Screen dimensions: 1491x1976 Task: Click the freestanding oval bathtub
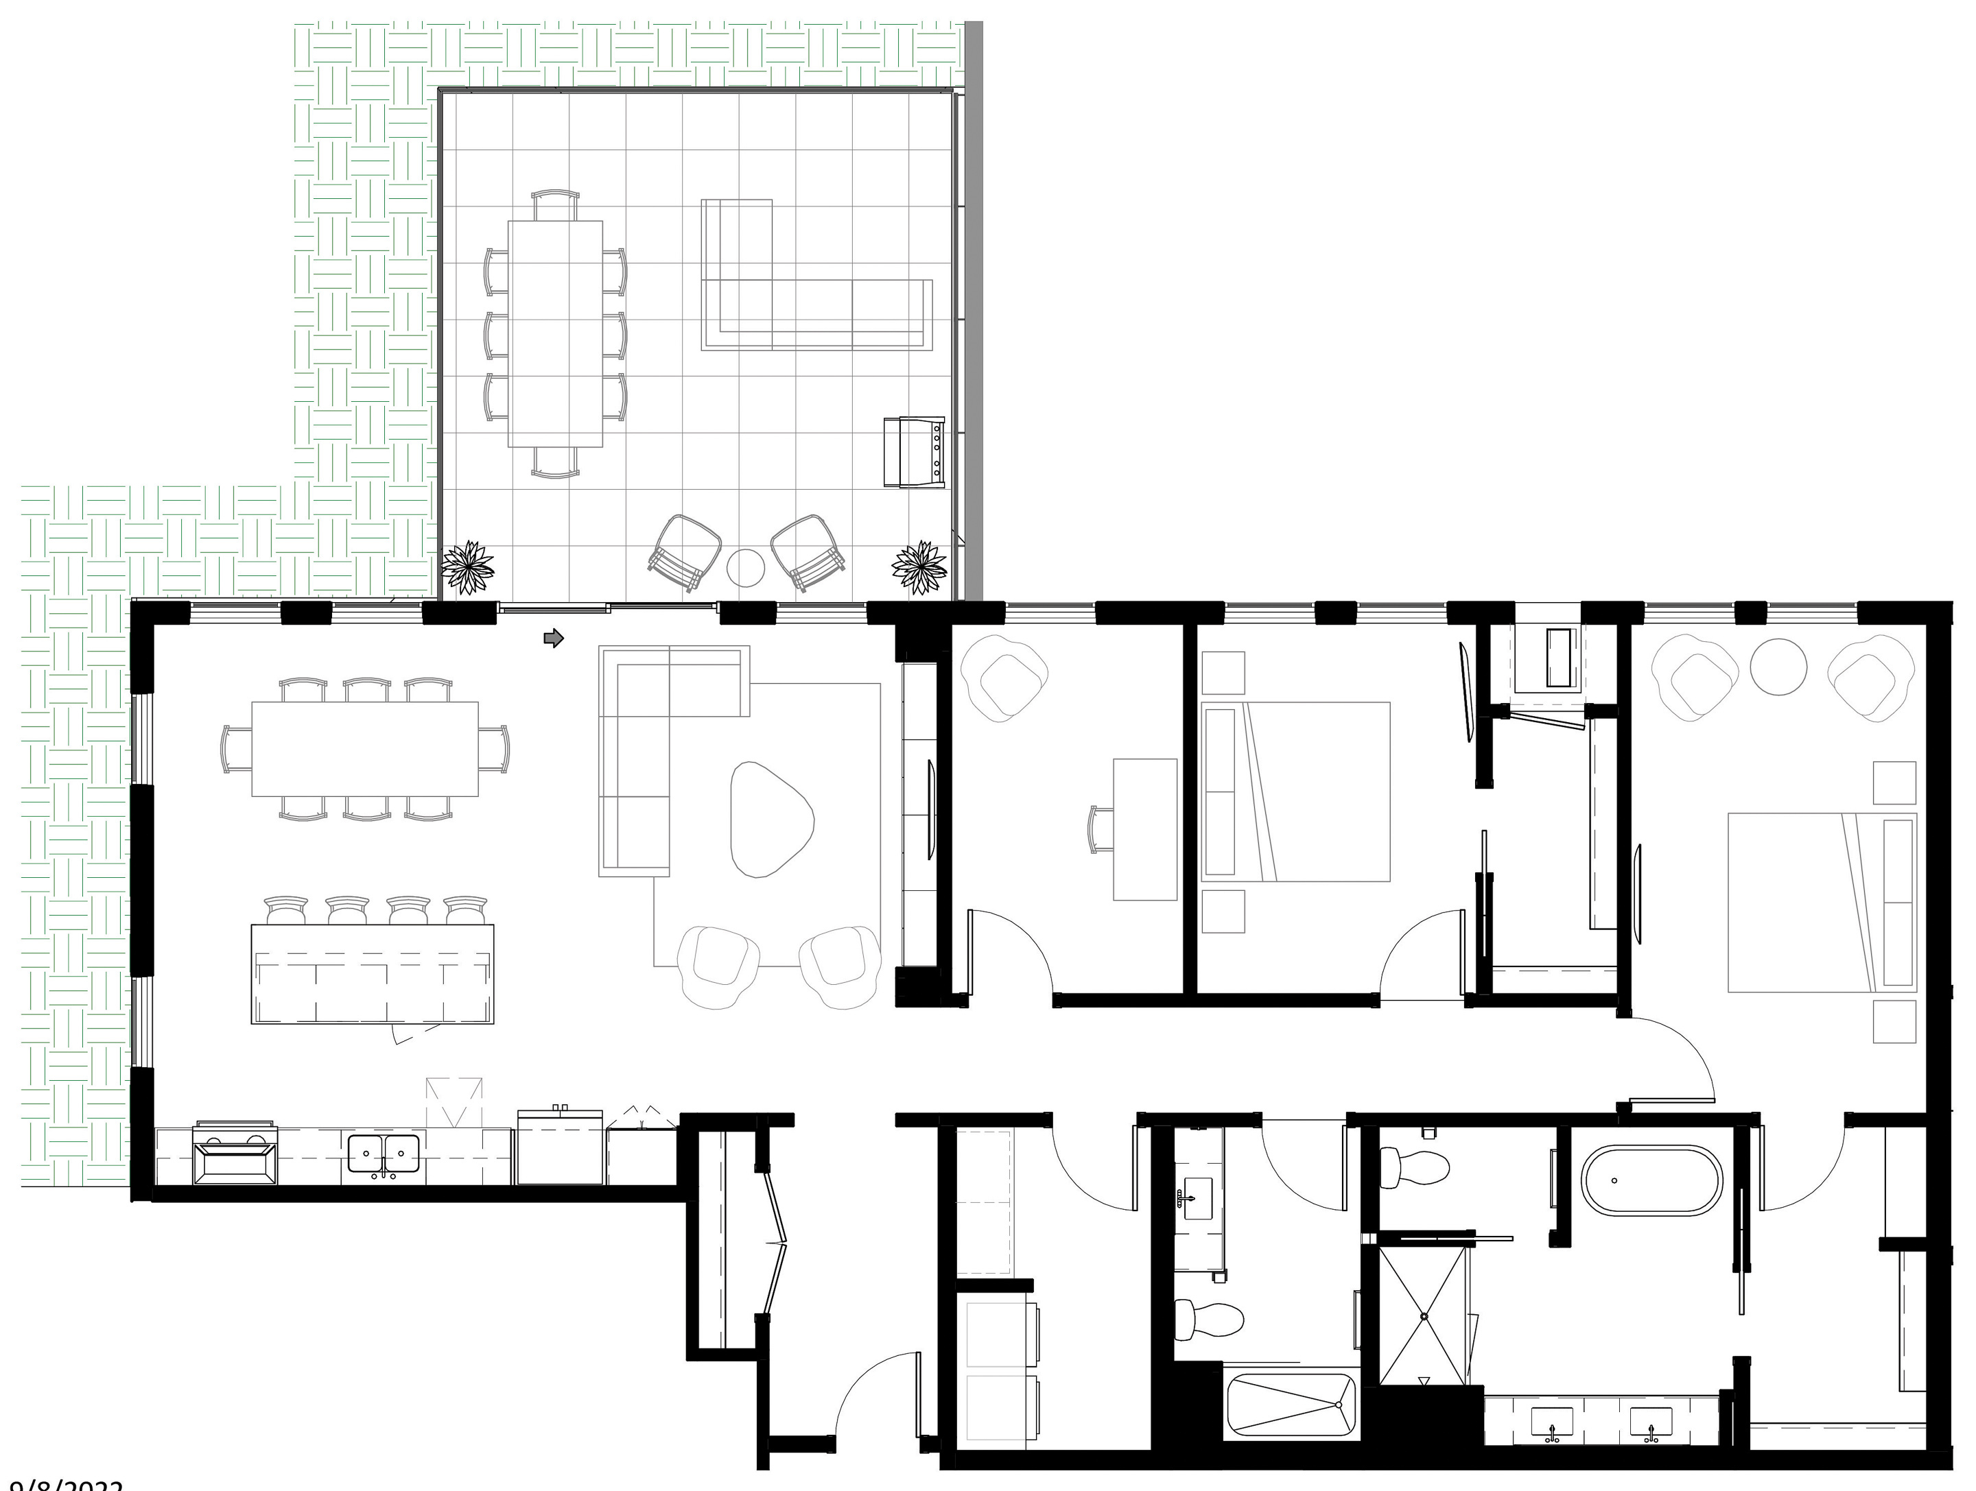coord(1651,1180)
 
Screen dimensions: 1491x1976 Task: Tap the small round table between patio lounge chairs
coord(745,567)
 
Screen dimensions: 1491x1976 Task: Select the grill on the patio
coord(914,452)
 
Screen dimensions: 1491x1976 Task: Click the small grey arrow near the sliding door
coord(554,637)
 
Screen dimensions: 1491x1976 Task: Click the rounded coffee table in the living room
coord(770,820)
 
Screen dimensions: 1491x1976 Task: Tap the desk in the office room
coord(1144,829)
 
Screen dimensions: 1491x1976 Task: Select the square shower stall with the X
coord(1424,1316)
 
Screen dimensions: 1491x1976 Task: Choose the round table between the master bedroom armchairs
coord(1778,666)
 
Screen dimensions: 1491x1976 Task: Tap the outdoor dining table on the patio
coord(555,333)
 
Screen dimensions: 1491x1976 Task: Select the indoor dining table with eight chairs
coord(364,748)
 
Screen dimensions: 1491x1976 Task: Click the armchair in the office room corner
coord(1004,676)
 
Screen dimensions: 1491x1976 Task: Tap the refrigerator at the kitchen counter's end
coord(560,1147)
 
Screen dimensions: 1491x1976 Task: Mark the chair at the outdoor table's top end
coord(555,205)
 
